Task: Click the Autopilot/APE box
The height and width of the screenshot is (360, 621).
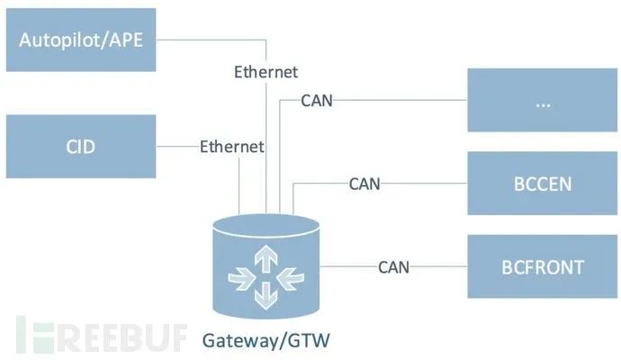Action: click(81, 40)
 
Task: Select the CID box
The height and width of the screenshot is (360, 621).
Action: click(81, 147)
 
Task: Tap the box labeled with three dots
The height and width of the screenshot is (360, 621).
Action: click(542, 100)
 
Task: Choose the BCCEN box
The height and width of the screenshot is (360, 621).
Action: click(542, 183)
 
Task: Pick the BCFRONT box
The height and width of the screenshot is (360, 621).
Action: click(542, 266)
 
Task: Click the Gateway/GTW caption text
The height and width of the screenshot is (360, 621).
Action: click(265, 341)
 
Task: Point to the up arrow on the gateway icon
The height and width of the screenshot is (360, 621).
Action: click(265, 258)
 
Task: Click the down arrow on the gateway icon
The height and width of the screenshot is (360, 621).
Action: click(265, 296)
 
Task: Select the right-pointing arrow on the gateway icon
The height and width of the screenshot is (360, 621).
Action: click(241, 278)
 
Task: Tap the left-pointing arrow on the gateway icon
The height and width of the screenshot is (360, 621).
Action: click(291, 278)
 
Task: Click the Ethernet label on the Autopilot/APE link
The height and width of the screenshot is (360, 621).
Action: click(265, 72)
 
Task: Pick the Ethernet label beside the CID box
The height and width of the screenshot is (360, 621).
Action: click(231, 147)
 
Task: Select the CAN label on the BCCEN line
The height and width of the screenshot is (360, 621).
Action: click(364, 184)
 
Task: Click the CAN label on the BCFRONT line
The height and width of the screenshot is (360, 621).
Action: click(393, 267)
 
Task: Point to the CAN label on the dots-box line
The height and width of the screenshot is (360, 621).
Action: click(317, 101)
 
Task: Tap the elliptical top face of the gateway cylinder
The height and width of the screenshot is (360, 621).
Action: click(265, 227)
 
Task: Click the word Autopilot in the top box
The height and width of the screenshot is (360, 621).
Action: click(58, 40)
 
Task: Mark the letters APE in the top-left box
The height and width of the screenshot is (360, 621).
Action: click(126, 40)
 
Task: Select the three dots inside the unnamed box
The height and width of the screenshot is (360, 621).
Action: click(543, 105)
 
